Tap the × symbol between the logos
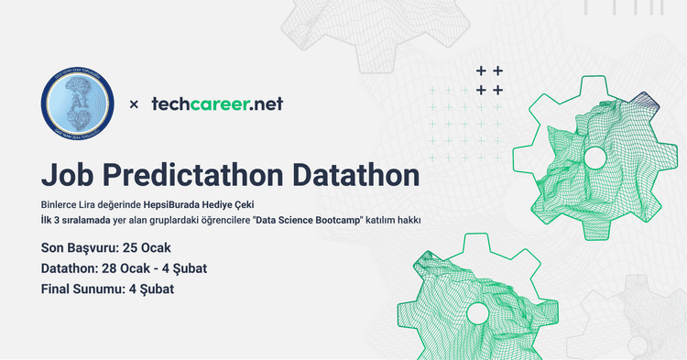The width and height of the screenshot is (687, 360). (x=134, y=104)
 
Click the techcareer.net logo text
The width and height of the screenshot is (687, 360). (x=216, y=104)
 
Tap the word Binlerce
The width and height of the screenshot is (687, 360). (x=60, y=205)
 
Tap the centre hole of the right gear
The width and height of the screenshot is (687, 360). (x=594, y=158)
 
